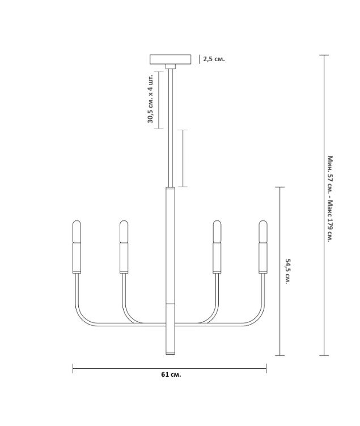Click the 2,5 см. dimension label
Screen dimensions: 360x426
pos(214,59)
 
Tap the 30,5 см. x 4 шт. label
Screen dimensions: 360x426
pos(151,99)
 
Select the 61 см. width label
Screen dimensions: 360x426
pos(171,374)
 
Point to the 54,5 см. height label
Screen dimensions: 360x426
pos(287,271)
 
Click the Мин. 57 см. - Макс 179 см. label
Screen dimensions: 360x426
pos(330,199)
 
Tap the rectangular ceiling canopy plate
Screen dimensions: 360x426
pos(171,59)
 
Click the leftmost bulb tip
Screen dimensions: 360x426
pos(77,221)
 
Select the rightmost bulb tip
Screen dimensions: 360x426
pos(263,221)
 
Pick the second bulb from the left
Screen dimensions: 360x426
pos(124,231)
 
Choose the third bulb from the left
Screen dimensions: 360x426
pos(217,231)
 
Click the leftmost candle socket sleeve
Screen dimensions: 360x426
pos(77,258)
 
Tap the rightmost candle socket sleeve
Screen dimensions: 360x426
pos(263,258)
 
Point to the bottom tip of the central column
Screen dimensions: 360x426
pos(171,353)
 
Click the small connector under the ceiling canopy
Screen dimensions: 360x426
pos(171,67)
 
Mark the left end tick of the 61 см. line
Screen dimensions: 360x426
pos(73,368)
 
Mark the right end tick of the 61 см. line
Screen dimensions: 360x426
pos(266,368)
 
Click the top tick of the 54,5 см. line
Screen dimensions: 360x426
pos(280,187)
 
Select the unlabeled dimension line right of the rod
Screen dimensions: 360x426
pos(183,159)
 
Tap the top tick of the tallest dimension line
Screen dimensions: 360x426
pos(324,55)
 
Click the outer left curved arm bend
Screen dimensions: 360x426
pos(80,315)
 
